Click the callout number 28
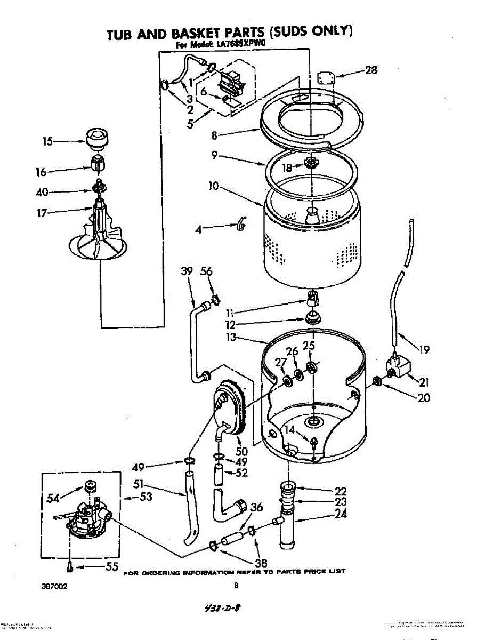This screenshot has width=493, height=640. point(371,70)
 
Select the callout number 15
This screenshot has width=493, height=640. point(48,141)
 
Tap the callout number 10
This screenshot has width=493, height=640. point(214,187)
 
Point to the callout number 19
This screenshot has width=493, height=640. point(424,350)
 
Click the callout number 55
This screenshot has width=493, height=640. point(111,567)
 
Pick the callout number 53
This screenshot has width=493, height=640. point(146,497)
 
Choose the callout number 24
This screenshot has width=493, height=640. point(341,514)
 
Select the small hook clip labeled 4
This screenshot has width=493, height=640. point(241,225)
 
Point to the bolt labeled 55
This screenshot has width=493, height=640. point(70,566)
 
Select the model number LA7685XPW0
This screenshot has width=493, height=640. point(239,46)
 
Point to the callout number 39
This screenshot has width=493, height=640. point(187,271)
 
